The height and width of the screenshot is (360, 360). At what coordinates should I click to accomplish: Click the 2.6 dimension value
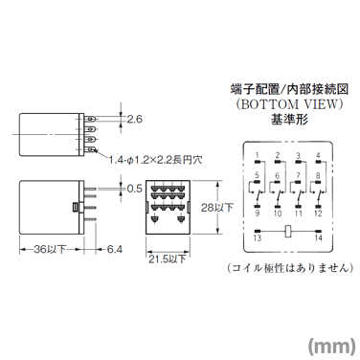click(x=135, y=120)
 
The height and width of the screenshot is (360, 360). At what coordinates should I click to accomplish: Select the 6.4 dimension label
click(x=115, y=250)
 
